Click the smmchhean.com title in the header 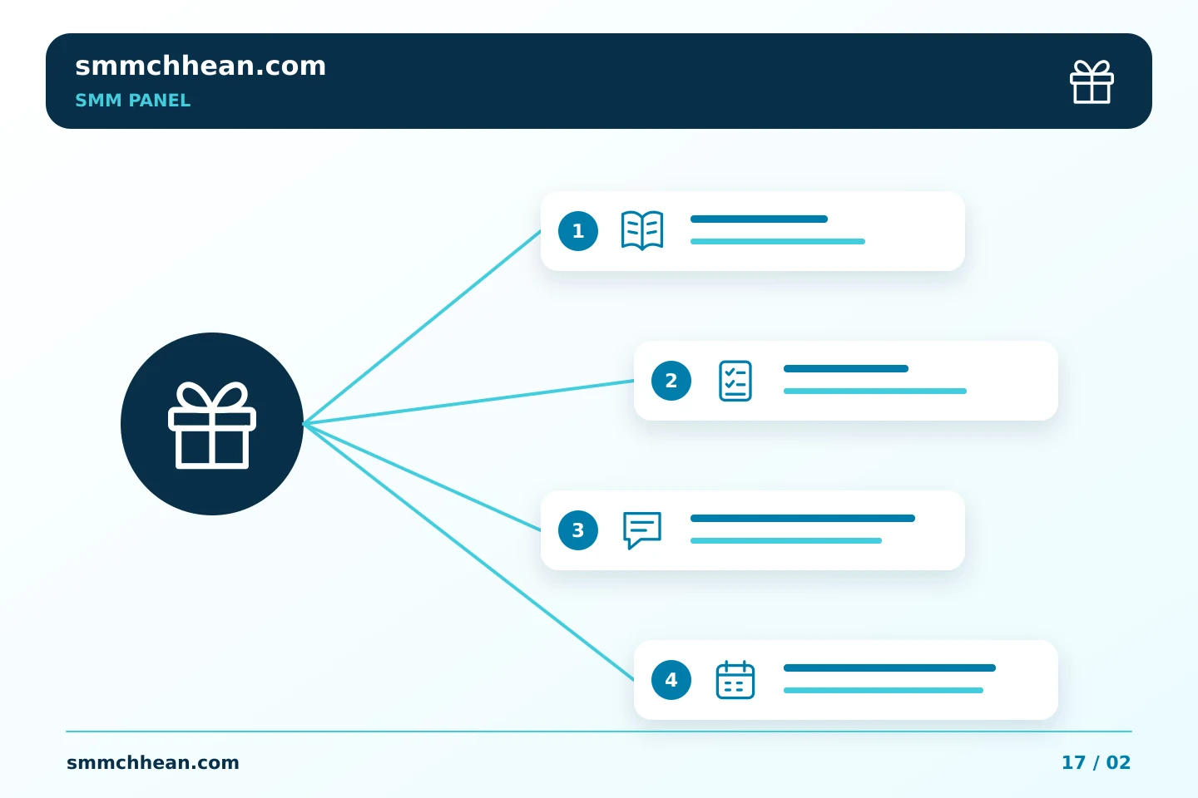coord(200,66)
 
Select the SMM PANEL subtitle coord(132,101)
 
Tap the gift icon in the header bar coord(1092,81)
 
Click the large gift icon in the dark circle coord(212,426)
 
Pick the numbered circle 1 coord(578,231)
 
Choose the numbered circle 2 coord(671,381)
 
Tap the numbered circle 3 coord(578,530)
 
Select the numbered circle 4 coord(671,680)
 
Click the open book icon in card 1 coord(642,231)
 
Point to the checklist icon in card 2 coord(735,381)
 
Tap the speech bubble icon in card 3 coord(642,530)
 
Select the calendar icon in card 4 coord(735,680)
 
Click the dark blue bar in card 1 coord(759,219)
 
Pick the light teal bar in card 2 coord(875,392)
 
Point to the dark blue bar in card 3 coord(803,519)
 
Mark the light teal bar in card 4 coord(884,691)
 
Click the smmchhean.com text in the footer coord(153,763)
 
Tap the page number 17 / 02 coord(1096,763)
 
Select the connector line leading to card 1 coord(422,328)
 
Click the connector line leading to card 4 coord(468,552)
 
